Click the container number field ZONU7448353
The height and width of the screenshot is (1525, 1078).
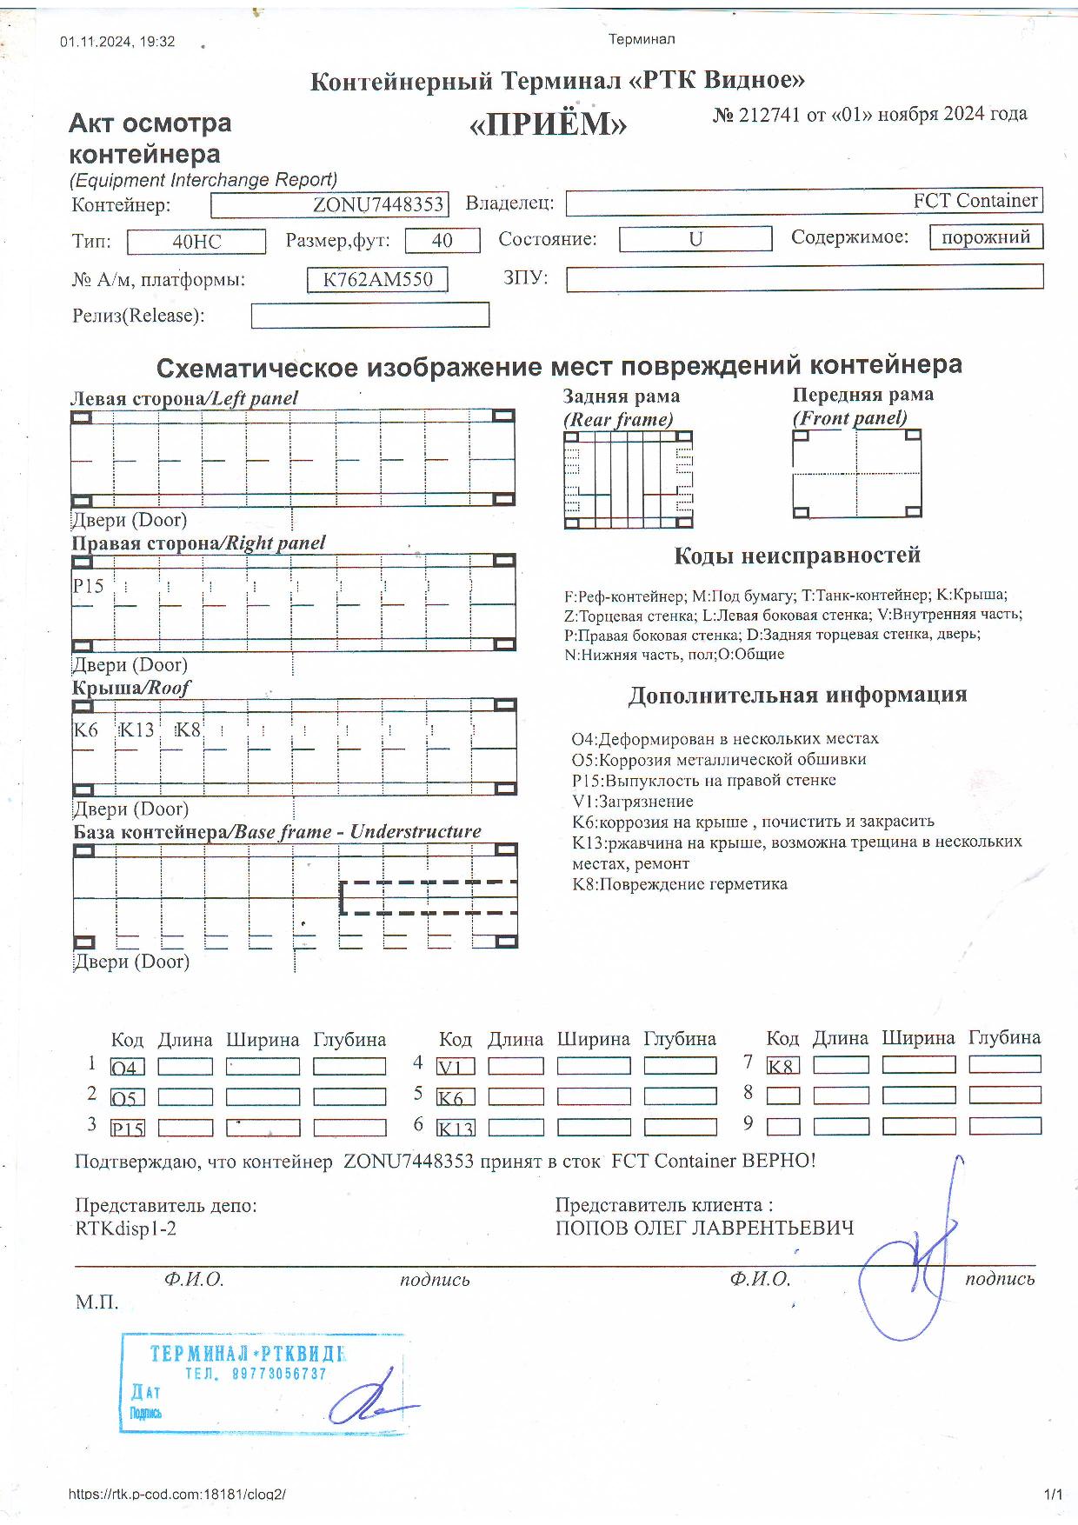coord(329,205)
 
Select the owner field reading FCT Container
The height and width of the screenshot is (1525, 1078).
coord(803,202)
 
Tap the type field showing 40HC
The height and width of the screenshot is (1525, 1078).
coord(196,242)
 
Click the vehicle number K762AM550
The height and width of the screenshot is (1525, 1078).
coord(377,280)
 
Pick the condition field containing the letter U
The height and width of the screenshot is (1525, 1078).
coord(695,239)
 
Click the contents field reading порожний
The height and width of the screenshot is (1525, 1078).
coord(986,237)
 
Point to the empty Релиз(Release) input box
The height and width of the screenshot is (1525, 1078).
coord(369,315)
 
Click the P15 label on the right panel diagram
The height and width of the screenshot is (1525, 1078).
coord(89,586)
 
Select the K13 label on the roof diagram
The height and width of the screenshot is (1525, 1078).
coord(137,729)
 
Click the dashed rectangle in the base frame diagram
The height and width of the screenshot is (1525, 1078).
coord(428,897)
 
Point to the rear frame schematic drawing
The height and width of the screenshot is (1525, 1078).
coord(629,480)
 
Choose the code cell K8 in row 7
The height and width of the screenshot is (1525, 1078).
coord(782,1066)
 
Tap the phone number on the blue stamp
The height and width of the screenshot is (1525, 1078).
coord(256,1374)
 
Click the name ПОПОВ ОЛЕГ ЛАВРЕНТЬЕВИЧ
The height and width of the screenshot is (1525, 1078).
coord(704,1229)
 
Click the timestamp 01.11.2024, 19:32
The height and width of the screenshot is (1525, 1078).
coord(117,42)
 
